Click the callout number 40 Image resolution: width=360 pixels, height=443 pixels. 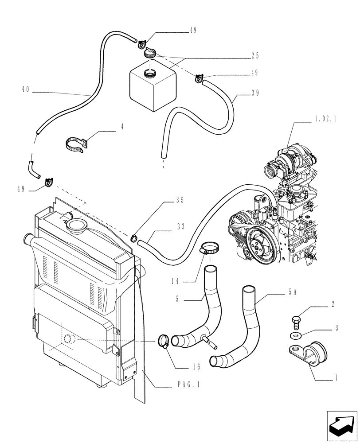25,89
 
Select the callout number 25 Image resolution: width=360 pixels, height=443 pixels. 254,56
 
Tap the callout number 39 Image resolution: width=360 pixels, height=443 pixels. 254,93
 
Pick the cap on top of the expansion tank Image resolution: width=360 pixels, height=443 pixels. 150,54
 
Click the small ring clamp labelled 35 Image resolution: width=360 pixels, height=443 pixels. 133,239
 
